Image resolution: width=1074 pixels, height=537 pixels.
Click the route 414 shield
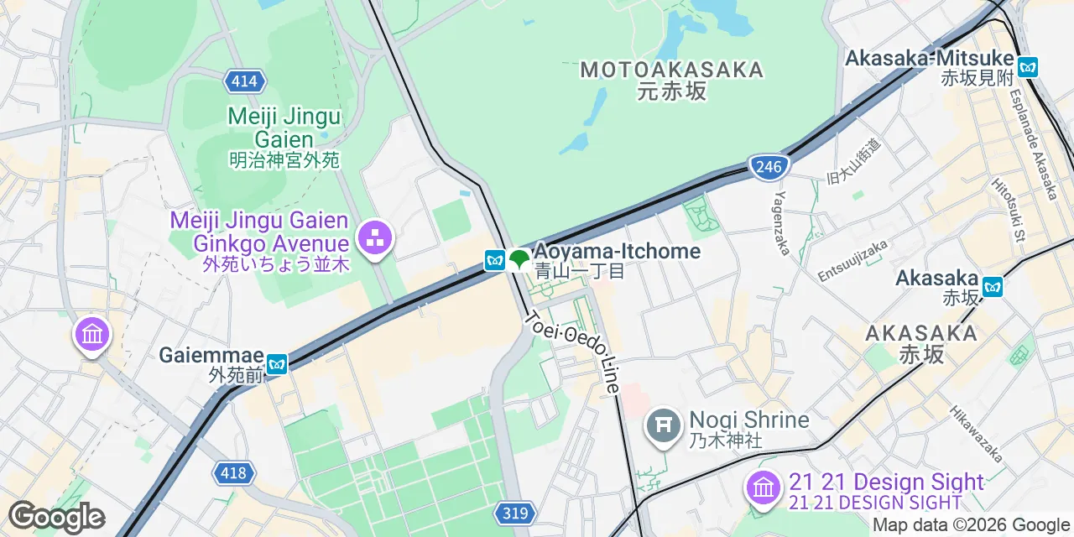click(244, 81)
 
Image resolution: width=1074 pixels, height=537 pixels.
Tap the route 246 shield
click(769, 166)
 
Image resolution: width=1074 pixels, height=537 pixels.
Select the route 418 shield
click(233, 473)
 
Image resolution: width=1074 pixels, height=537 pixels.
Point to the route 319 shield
click(515, 513)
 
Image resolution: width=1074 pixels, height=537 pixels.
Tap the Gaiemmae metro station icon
click(277, 364)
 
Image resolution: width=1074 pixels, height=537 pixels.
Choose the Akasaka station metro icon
click(993, 287)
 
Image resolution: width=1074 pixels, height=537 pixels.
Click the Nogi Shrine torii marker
click(663, 426)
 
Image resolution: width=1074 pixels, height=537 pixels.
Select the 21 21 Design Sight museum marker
click(763, 488)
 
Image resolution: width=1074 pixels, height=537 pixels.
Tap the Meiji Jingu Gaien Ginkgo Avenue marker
click(373, 237)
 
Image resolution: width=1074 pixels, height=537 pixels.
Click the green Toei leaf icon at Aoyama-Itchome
click(519, 260)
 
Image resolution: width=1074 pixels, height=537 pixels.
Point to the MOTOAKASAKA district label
click(672, 70)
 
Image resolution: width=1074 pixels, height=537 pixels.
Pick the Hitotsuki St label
click(1009, 209)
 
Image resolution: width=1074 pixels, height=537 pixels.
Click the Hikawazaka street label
click(977, 434)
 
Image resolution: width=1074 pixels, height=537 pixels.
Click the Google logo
click(57, 518)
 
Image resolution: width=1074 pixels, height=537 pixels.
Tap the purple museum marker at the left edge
click(91, 335)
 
